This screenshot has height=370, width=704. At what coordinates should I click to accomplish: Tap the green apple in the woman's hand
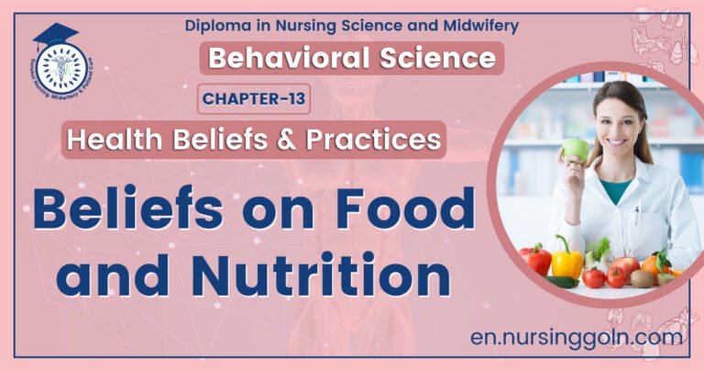tap(576, 149)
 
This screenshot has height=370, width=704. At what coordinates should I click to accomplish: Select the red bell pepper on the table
tap(536, 261)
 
